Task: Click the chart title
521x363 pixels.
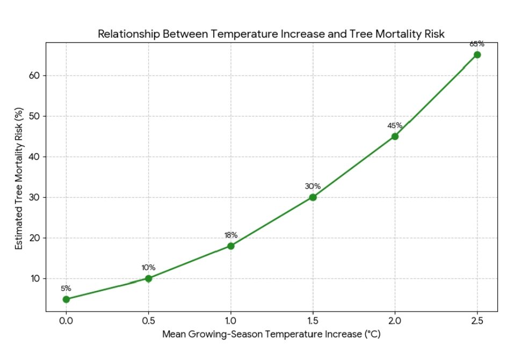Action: pos(271,34)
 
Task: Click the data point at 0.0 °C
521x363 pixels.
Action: pos(66,299)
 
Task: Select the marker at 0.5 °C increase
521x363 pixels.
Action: pos(148,278)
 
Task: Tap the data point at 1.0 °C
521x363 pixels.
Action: pos(230,246)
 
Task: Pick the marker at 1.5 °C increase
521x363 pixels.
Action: pos(313,197)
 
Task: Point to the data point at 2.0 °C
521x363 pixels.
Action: pos(395,136)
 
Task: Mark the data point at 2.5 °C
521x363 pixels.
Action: pos(477,55)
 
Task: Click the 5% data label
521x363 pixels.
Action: pos(66,288)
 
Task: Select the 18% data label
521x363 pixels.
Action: pos(230,235)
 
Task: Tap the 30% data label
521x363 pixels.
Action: pos(313,186)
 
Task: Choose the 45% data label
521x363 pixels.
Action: pos(395,126)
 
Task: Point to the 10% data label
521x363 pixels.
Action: pos(148,267)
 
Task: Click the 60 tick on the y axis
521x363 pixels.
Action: pos(35,76)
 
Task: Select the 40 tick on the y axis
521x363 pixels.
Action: pos(35,157)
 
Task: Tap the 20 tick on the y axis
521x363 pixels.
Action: pos(35,238)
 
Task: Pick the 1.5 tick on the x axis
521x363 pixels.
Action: pos(313,321)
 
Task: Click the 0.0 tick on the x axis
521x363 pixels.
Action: pos(66,321)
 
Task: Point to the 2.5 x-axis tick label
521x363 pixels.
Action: pos(477,321)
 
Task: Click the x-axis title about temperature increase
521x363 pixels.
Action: pos(271,334)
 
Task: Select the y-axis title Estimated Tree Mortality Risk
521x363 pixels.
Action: pos(19,177)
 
